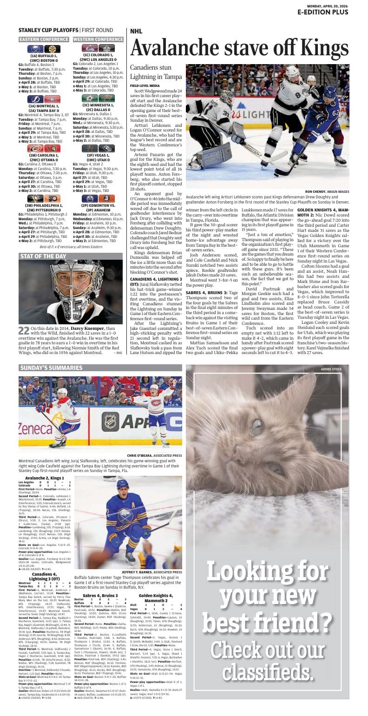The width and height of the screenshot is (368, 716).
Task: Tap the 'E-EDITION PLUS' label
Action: tap(323, 13)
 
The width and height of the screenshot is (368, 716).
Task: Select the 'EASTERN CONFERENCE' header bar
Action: tap(44, 39)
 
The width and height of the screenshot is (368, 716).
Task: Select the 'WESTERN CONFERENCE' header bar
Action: tap(98, 39)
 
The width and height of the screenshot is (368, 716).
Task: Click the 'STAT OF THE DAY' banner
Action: tap(43, 256)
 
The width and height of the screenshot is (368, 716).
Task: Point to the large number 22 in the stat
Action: tap(24, 331)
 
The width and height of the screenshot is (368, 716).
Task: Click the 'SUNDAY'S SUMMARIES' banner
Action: tap(51, 368)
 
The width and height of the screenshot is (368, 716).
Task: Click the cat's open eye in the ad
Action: tap(256, 426)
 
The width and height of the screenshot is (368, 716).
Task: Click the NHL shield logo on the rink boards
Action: tap(111, 421)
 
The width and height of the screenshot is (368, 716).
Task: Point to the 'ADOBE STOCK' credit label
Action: tap(331, 369)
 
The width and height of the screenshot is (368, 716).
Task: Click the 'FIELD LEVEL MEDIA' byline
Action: tap(145, 86)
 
